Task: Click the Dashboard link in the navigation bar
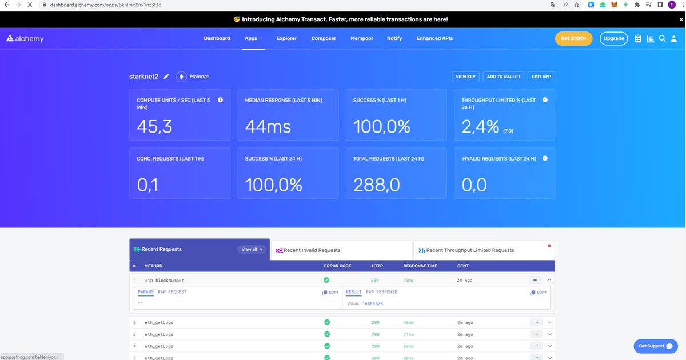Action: click(217, 38)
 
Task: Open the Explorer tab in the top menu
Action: click(286, 38)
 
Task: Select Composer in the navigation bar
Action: click(324, 38)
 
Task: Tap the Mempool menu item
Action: click(361, 38)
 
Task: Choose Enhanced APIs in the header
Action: click(434, 38)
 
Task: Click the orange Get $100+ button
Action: click(573, 38)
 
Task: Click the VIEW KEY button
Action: click(465, 77)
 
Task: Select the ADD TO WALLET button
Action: click(504, 77)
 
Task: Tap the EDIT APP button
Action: click(541, 77)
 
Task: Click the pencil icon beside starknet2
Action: click(166, 77)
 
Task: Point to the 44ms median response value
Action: click(268, 126)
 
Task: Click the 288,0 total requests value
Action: click(376, 185)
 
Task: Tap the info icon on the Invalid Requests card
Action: click(545, 158)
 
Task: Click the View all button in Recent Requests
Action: click(252, 249)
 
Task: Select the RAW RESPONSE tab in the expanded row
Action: click(381, 292)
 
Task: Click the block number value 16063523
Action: click(372, 303)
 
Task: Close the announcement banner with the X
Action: click(681, 19)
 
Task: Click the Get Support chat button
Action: click(655, 346)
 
